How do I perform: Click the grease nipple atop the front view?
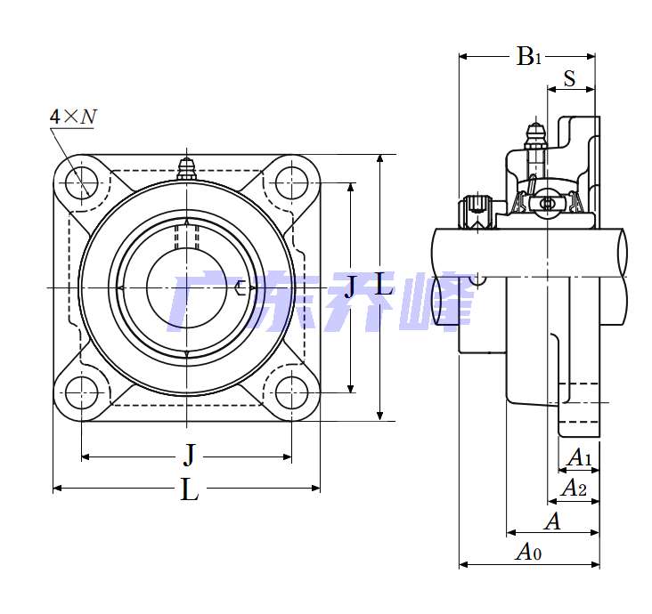[186, 168]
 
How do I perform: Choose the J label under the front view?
[188, 456]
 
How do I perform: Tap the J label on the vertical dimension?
[349, 287]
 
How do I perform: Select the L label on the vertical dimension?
[382, 286]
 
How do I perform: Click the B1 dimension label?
[529, 57]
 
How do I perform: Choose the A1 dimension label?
[580, 458]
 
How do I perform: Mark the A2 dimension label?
[574, 489]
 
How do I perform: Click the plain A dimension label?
[552, 521]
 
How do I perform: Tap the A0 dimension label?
[529, 553]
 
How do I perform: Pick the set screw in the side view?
[477, 211]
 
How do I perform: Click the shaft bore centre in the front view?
[186, 287]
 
